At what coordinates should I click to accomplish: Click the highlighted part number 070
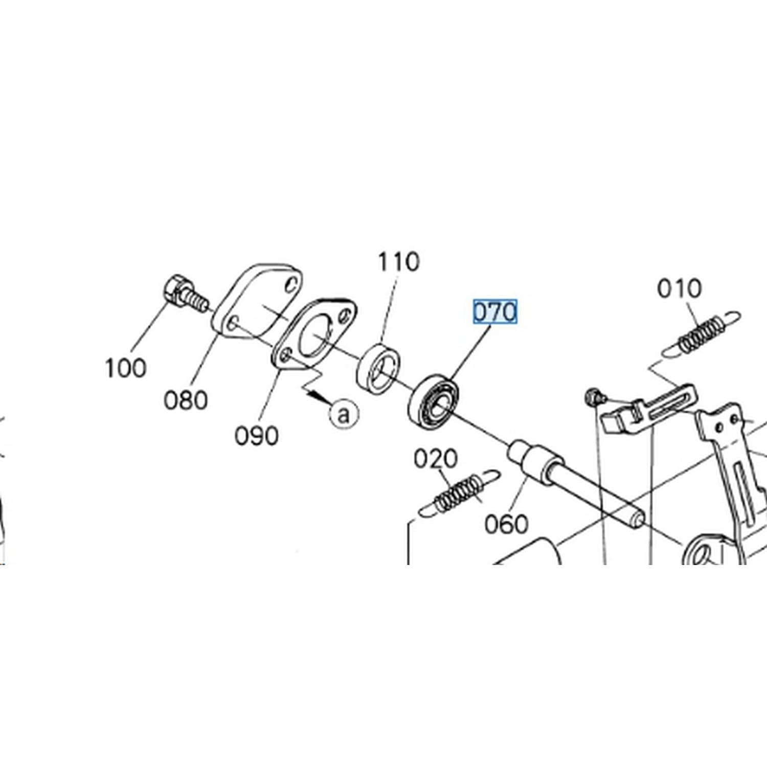tap(494, 312)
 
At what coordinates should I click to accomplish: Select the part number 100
tap(125, 368)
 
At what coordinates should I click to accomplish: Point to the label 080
tap(186, 400)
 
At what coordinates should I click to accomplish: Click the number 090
tap(257, 436)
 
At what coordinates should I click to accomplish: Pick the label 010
tap(680, 288)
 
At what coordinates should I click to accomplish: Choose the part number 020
tap(436, 459)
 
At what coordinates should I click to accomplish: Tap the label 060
tap(506, 524)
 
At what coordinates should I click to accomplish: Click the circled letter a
tap(344, 413)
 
